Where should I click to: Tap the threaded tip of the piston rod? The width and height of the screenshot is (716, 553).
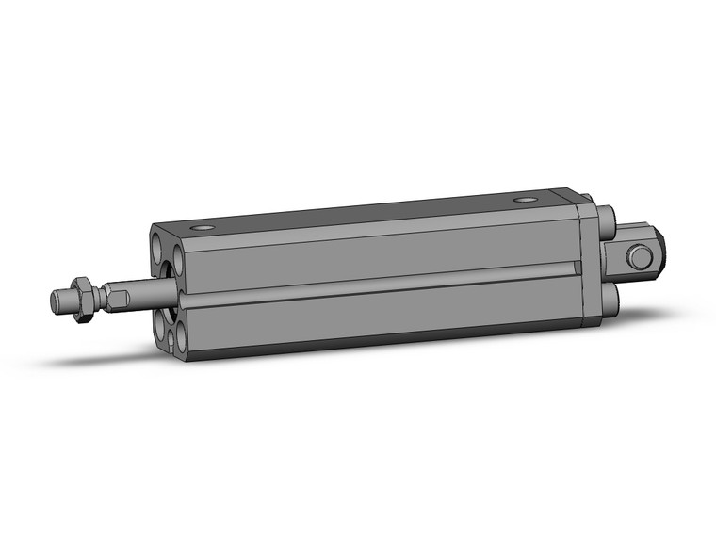[x=61, y=301]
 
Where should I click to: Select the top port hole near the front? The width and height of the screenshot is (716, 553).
[x=203, y=229]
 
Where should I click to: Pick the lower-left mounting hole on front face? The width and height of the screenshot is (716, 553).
[x=159, y=323]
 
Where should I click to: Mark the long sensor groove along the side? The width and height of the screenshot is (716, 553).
[x=377, y=286]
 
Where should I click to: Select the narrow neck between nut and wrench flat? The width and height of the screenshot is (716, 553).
[x=100, y=297]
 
